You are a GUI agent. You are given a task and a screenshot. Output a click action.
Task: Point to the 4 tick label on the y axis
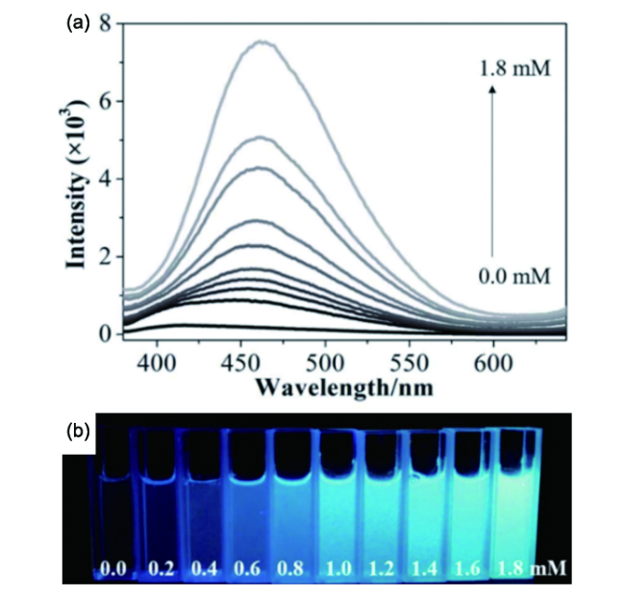pos(105,180)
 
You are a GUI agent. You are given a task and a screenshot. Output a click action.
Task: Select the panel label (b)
pos(77,434)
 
